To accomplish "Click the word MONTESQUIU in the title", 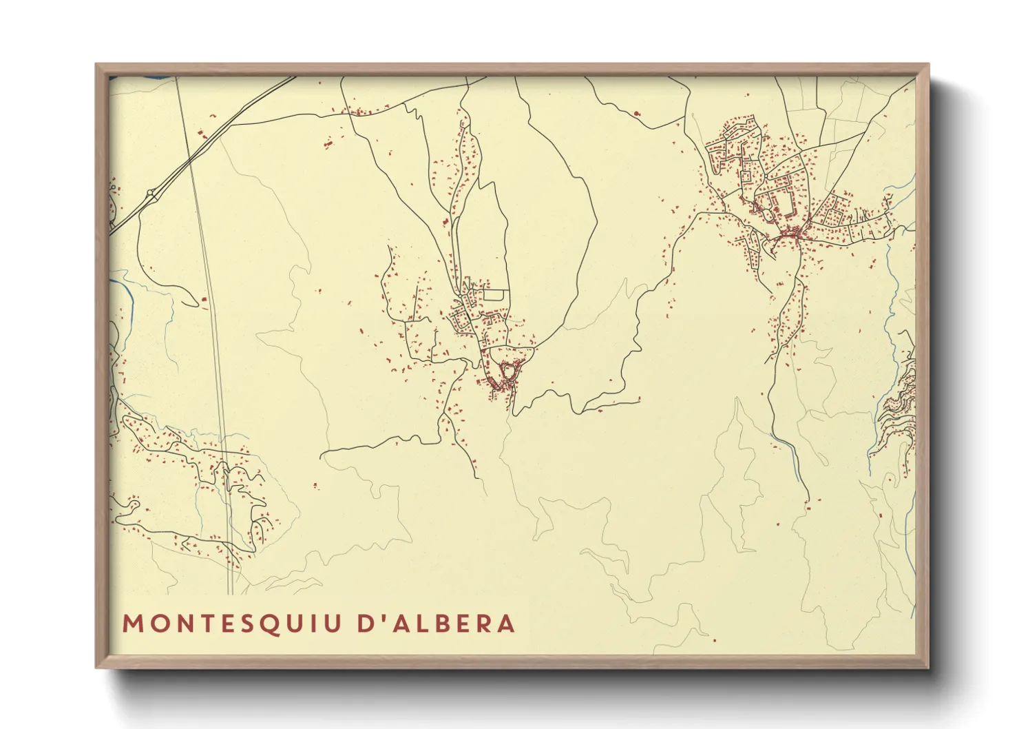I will pyautogui.click(x=232, y=624).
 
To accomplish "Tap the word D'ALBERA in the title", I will pyautogui.click(x=437, y=624).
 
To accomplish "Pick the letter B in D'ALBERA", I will pyautogui.click(x=441, y=624).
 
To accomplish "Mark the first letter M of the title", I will pyautogui.click(x=132, y=624).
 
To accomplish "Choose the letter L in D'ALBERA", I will pyautogui.click(x=420, y=624).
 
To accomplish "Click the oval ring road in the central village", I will pyautogui.click(x=508, y=371).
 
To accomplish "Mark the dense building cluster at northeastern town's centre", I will pyautogui.click(x=792, y=234).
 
